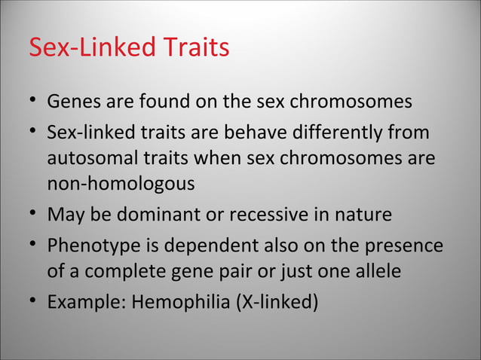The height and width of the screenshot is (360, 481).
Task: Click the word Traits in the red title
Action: pyautogui.click(x=193, y=47)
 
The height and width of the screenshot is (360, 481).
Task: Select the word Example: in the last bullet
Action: pyautogui.click(x=86, y=304)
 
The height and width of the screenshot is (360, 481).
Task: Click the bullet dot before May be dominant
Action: pyautogui.click(x=33, y=215)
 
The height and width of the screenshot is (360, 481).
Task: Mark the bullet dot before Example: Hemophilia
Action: pyautogui.click(x=33, y=304)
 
